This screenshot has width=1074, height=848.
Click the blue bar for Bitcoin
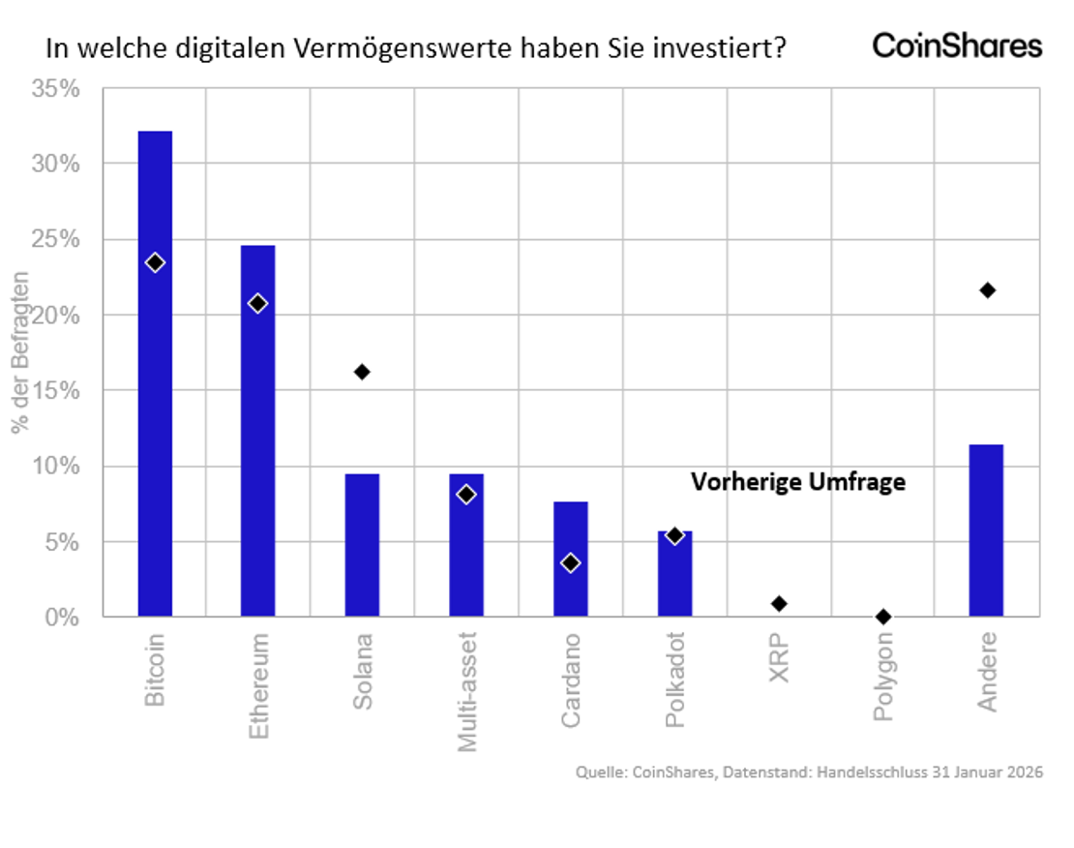155,387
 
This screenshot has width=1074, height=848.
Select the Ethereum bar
258,436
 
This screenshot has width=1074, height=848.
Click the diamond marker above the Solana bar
362,372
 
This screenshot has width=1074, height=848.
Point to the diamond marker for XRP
779,604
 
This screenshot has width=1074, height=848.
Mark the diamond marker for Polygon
882,617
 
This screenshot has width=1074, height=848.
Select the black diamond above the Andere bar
987,290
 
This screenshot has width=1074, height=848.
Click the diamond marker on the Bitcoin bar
155,262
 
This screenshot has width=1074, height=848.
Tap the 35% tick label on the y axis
55,89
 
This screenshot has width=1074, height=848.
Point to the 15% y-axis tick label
55,391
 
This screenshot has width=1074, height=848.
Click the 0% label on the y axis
62,617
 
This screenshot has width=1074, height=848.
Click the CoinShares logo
957,45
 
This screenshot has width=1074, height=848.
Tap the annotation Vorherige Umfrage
798,481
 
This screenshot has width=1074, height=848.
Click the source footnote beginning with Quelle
809,772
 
